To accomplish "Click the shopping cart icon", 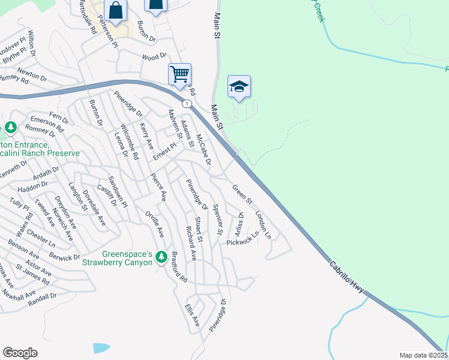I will pos(179,75).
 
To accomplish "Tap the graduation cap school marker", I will pos(239,87).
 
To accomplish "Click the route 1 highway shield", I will pos(188,104).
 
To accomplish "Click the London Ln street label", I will pos(263,225).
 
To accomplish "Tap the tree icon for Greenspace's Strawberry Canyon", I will pos(161,257).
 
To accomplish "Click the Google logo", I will pos(20,352).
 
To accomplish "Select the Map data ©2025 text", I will pos(423,355).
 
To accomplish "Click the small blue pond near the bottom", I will pos(101,348).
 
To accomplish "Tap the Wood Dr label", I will pos(154,57).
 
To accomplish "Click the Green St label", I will pos(242,193).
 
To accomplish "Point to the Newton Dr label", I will pos(32,74).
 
